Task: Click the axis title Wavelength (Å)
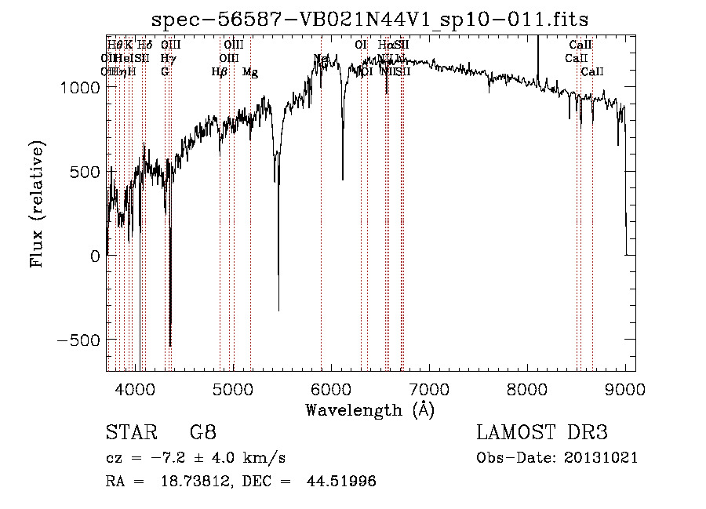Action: coord(369,409)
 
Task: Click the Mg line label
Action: coord(249,72)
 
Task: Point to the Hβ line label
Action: coord(219,72)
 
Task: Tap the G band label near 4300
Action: coord(165,72)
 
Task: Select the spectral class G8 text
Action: coord(202,434)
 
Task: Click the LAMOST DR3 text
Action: coord(541,434)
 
